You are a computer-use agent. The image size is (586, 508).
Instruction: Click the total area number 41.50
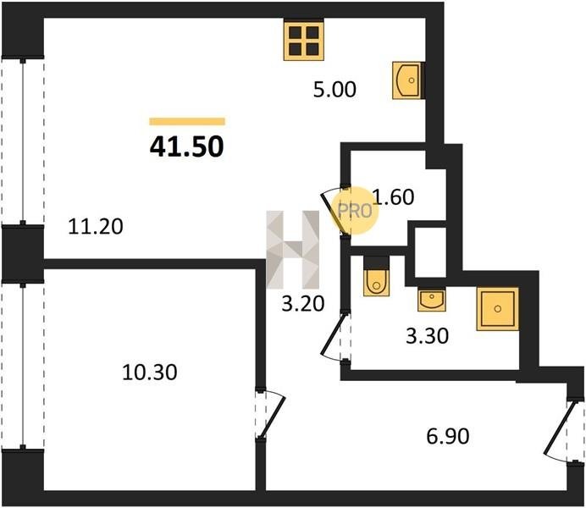187,146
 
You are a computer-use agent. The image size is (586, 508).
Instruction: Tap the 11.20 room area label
96,227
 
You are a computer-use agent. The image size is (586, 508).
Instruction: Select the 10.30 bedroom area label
150,373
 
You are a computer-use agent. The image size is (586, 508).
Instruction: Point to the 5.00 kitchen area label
334,90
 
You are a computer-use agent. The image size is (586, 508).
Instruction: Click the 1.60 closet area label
394,196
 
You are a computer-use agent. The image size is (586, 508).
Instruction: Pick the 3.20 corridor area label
302,303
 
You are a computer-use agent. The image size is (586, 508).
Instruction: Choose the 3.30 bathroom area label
427,335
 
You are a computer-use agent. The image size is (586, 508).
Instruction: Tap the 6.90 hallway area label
448,436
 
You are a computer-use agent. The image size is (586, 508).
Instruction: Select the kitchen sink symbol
406,80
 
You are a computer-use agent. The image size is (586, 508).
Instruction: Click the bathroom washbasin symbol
432,300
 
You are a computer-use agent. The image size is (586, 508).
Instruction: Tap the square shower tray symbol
497,308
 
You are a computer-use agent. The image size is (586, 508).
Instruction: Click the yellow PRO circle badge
354,211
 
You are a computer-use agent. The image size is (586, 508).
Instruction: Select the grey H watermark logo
293,250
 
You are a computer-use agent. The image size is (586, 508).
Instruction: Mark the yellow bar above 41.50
187,121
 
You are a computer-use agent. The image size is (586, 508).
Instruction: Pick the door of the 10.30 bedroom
270,415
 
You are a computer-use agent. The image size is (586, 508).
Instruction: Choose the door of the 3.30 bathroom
336,336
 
